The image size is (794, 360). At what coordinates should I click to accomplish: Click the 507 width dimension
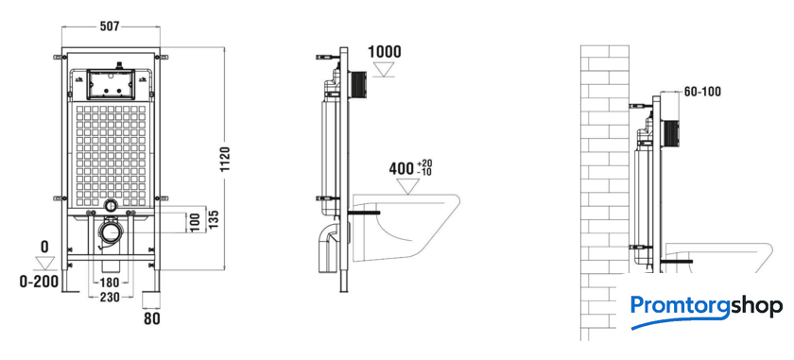110,26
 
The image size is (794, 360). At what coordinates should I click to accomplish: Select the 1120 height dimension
225,160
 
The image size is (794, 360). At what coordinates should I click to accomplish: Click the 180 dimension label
110,283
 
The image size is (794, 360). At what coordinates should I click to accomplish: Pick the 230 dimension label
110,298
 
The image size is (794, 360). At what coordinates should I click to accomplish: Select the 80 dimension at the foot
152,319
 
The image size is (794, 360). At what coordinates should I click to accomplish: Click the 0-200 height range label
39,282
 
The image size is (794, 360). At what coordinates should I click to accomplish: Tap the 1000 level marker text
385,52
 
